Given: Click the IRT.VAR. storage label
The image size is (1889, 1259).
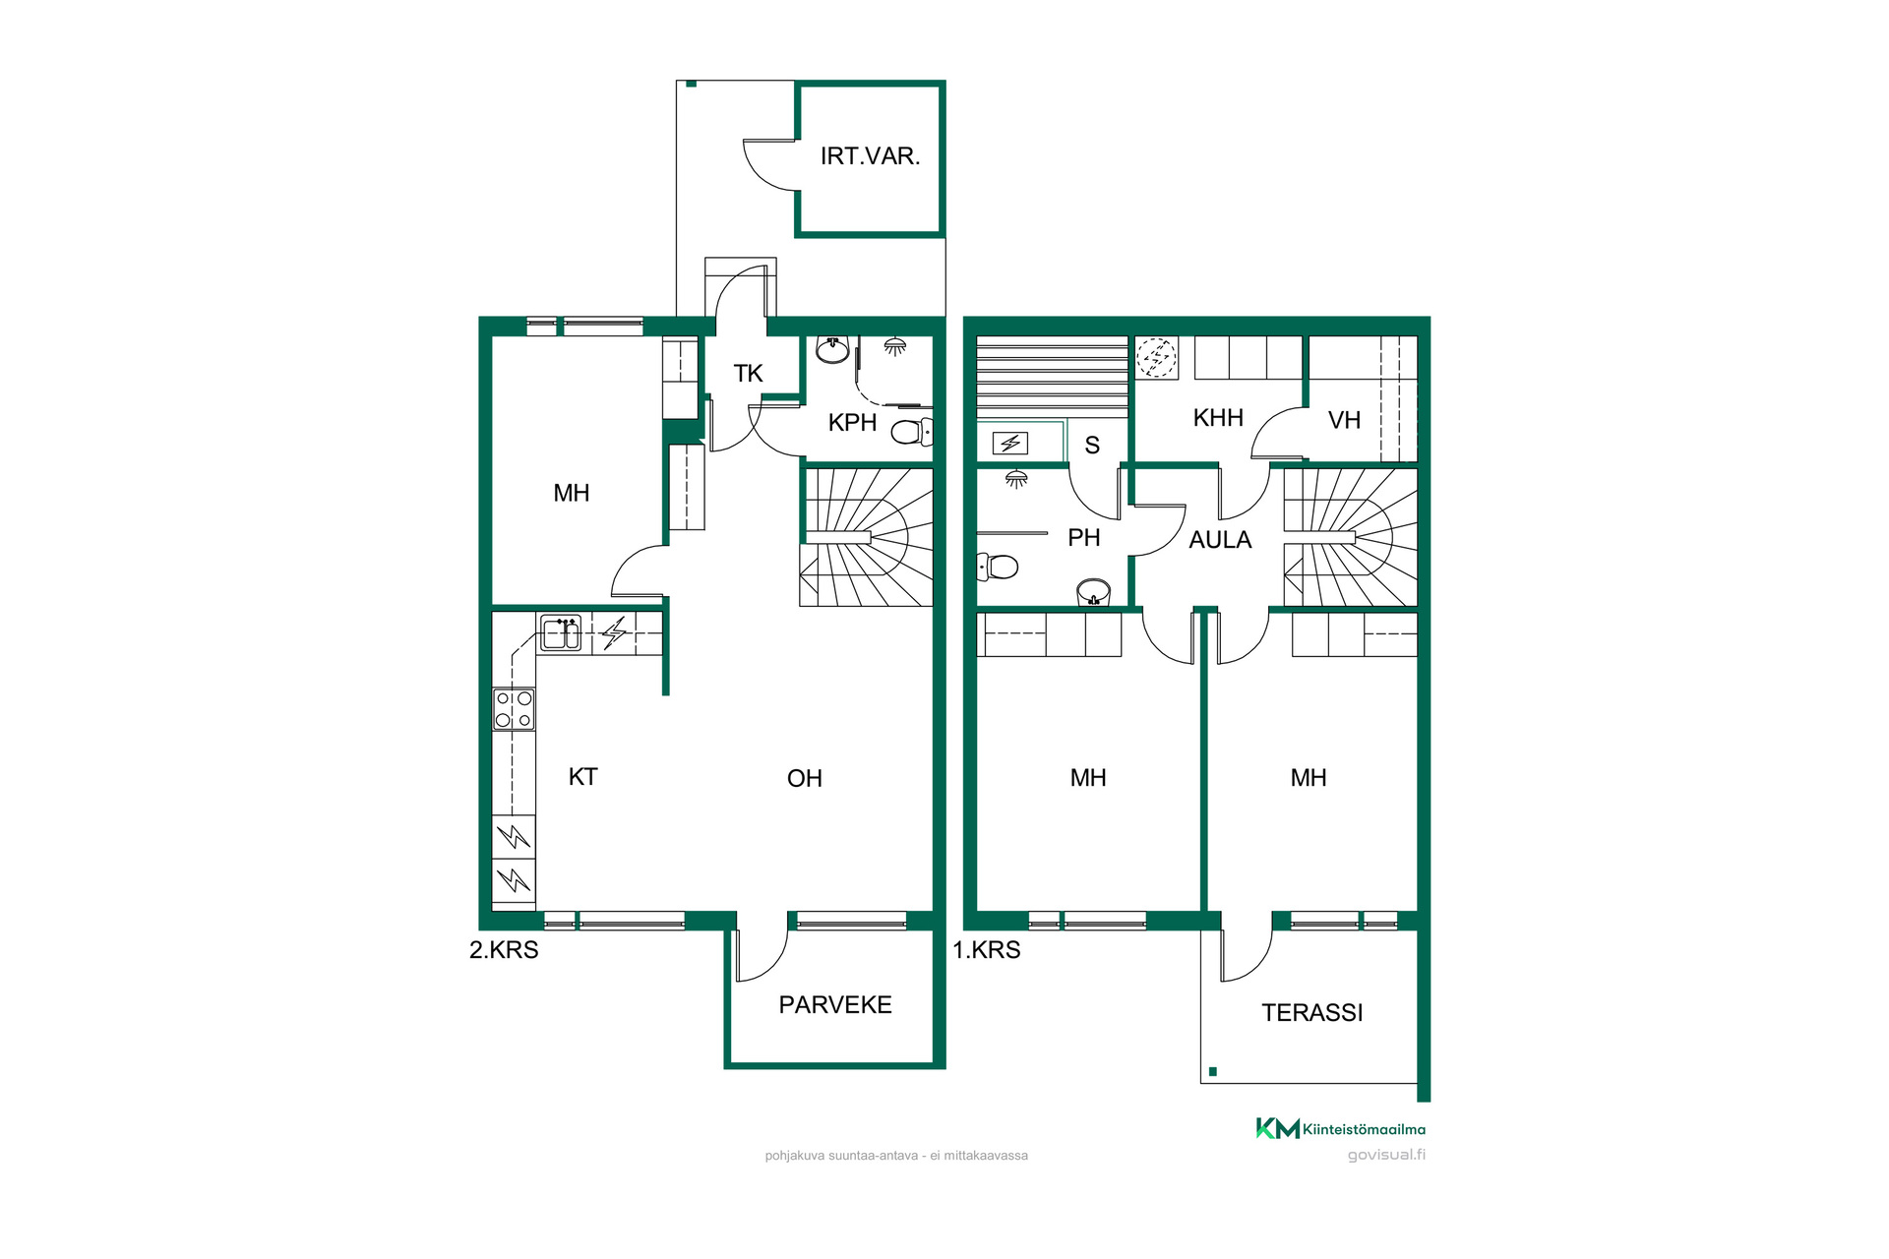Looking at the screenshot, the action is (870, 156).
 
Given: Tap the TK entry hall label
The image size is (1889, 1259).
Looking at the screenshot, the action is (748, 374).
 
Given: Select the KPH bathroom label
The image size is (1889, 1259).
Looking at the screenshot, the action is (852, 423).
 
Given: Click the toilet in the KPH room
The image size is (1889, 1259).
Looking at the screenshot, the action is (912, 432).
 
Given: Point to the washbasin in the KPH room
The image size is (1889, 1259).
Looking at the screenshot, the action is (832, 349).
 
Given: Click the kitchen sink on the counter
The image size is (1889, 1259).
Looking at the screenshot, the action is (561, 632).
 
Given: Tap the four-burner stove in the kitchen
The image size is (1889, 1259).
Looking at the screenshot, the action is (514, 709).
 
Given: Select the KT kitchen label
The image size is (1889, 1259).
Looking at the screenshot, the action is (582, 777).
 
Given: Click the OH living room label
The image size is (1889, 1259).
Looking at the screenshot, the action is (804, 779).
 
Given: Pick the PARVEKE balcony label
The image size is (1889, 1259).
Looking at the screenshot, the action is (835, 1005).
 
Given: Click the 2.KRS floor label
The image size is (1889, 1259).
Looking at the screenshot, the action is (504, 950).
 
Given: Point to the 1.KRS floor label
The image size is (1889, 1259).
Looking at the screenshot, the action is (987, 950).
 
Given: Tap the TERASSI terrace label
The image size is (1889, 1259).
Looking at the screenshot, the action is (1312, 1013).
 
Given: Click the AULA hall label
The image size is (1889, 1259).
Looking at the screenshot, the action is (1220, 540).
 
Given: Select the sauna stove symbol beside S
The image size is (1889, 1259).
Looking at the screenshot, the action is (1010, 444).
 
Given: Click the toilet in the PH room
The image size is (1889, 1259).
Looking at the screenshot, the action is (997, 567).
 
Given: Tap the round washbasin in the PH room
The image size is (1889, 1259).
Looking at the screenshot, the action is (1094, 593).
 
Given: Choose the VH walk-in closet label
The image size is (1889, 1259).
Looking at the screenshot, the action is (1344, 421).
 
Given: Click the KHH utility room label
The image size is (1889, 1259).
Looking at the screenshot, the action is (1218, 418).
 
